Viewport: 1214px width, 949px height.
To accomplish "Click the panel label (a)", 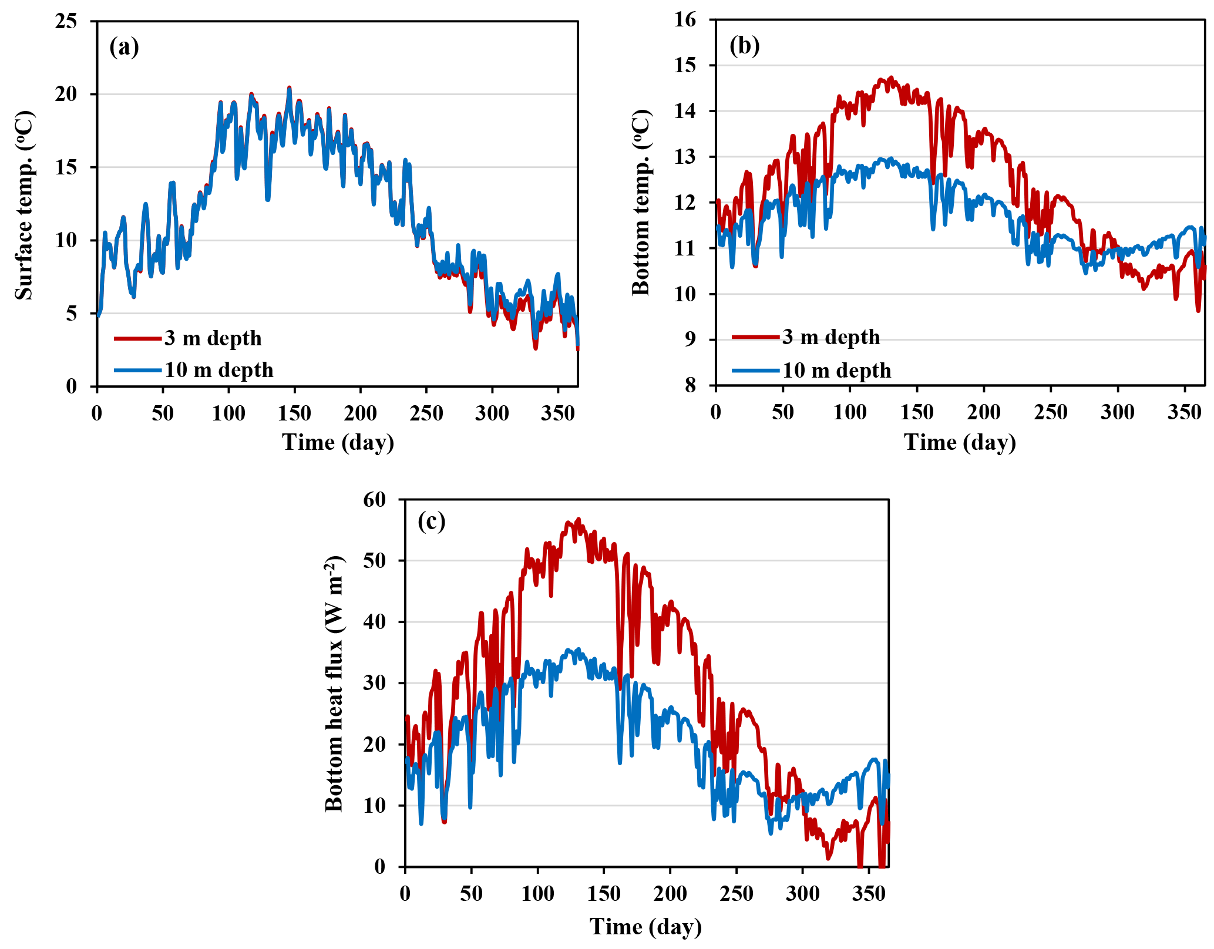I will point(124,47).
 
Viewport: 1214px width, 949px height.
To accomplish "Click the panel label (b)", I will point(744,46).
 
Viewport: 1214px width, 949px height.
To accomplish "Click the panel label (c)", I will point(431,521).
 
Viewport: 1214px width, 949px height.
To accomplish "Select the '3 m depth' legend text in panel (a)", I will point(213,338).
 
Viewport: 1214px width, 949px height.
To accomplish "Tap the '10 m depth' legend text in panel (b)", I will point(837,371).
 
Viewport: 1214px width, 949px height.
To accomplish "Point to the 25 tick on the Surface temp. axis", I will point(66,22).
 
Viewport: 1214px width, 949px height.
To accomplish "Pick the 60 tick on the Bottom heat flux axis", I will point(375,500).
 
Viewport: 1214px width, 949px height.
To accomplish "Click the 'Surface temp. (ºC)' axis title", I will point(25,205).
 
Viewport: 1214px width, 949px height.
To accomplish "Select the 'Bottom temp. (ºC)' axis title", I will point(641,202).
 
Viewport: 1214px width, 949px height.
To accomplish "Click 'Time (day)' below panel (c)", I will point(645,927).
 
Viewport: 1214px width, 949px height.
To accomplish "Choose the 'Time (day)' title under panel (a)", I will point(338,442).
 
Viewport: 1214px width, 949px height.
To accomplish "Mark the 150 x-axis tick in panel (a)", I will point(294,414).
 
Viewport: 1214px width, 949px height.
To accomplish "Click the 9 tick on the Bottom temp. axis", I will point(690,340).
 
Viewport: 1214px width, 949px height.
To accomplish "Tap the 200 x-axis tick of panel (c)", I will point(670,894).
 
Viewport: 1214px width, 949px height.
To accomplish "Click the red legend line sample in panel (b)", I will point(756,337).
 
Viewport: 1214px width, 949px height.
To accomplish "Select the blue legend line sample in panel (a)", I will point(137,370).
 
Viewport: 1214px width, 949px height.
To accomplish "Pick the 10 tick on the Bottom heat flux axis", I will point(375,806).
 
